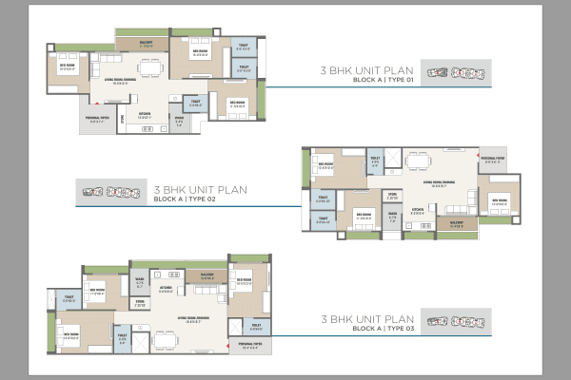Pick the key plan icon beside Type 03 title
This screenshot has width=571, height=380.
point(454,320)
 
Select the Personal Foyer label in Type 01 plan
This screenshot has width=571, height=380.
point(101,120)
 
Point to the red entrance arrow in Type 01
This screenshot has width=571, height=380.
point(94,103)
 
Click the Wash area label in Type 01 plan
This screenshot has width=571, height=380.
point(179,122)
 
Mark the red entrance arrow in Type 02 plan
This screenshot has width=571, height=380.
point(475,154)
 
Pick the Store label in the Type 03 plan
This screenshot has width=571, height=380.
point(140,304)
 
